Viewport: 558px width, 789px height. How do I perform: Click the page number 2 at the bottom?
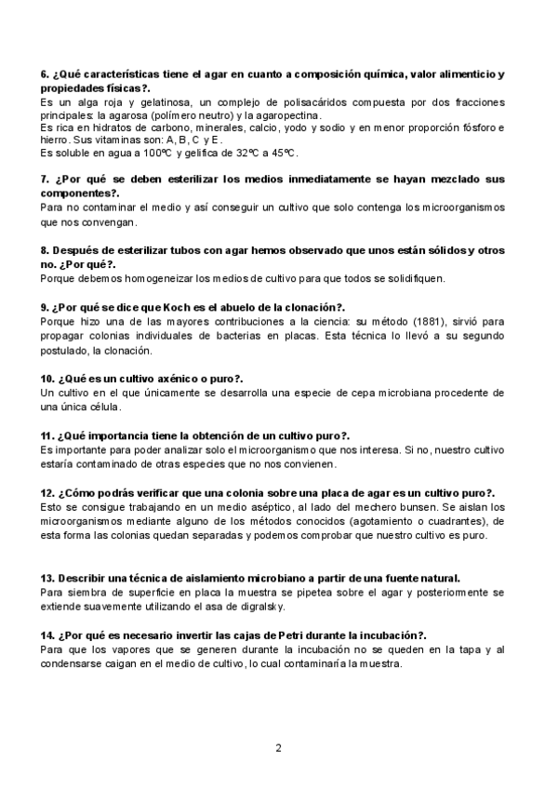(278, 747)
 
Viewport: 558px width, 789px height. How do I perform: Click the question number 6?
(46, 74)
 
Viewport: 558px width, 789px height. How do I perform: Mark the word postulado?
(68, 351)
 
